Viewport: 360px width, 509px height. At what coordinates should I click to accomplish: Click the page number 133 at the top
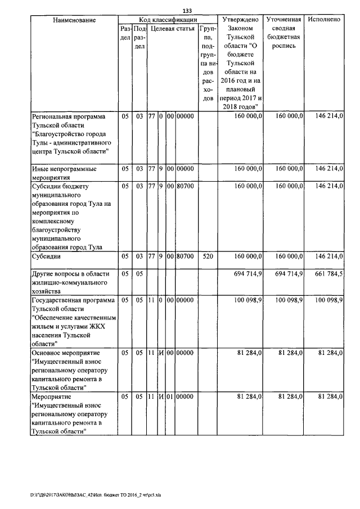point(187,11)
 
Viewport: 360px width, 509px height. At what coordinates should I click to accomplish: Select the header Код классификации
point(166,20)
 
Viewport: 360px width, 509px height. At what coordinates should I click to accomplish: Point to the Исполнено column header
point(325,20)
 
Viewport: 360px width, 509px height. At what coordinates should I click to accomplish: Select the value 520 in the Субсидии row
point(207,256)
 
